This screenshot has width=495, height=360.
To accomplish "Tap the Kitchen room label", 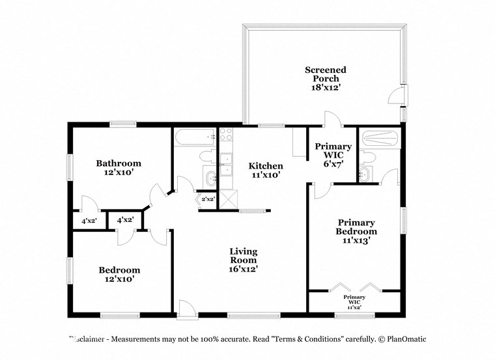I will (x=266, y=166).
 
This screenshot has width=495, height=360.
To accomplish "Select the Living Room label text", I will (x=243, y=256).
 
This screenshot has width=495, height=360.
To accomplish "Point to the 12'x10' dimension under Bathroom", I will (x=119, y=174).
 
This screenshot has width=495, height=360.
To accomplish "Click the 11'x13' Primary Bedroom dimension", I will (x=356, y=241).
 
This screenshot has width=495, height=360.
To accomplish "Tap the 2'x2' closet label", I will (x=208, y=199).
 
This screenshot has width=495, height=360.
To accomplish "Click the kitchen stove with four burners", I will (x=227, y=135).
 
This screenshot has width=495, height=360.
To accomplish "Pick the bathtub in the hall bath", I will (x=195, y=137).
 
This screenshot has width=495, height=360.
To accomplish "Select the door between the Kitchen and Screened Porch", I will (x=332, y=119).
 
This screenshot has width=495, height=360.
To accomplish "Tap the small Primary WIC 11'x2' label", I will (x=355, y=301).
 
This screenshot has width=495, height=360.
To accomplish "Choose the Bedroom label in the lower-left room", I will (x=119, y=270).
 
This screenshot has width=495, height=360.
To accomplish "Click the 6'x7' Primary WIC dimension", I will (x=333, y=165).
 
